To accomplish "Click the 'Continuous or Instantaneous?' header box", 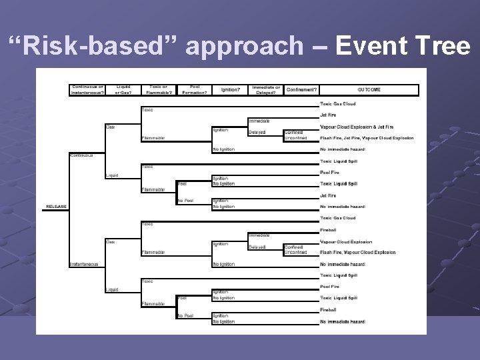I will click(88, 89).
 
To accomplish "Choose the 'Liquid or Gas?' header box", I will click(123, 89).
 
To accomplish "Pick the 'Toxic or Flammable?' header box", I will click(158, 89).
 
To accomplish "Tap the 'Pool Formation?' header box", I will click(195, 89).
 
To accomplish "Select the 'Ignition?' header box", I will click(230, 89).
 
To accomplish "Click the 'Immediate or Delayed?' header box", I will click(266, 89).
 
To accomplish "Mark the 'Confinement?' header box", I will click(301, 89).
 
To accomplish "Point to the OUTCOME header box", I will click(369, 89).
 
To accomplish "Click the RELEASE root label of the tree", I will click(56, 207).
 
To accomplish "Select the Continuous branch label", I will click(82, 155).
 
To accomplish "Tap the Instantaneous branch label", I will click(85, 264).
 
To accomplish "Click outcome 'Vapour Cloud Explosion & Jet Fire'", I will click(357, 127).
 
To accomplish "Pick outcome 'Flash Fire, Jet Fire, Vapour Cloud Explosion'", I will click(367, 138).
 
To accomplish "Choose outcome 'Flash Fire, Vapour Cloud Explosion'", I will click(358, 253).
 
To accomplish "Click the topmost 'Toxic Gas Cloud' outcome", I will click(338, 104).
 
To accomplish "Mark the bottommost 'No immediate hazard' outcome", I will click(343, 322).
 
